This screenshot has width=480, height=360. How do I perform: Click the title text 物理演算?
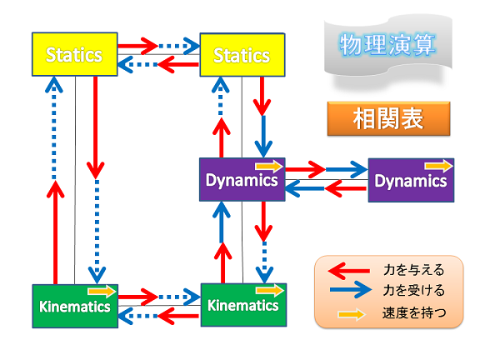[387, 45]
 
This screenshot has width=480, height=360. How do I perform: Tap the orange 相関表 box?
[389, 119]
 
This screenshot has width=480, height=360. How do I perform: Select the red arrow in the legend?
[348, 271]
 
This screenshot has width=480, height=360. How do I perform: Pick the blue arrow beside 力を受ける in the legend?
[351, 290]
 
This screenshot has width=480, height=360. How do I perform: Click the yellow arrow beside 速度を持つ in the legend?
[352, 314]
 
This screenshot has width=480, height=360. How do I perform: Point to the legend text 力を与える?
[413, 270]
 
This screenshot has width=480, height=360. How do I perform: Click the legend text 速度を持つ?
[414, 312]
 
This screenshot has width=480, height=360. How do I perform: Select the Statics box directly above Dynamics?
[242, 55]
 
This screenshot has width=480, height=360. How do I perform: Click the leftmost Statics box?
[75, 54]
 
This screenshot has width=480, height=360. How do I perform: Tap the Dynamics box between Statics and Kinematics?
[242, 179]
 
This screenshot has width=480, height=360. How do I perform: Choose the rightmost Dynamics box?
[411, 180]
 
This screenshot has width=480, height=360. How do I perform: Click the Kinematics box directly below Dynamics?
[243, 305]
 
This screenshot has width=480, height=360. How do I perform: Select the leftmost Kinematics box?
[75, 306]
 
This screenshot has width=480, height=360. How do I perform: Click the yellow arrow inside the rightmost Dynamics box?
[438, 166]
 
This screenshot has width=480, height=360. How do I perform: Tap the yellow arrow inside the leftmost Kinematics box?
[102, 291]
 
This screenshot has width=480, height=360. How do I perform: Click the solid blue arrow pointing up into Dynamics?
[222, 222]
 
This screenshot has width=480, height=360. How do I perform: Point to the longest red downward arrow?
[96, 127]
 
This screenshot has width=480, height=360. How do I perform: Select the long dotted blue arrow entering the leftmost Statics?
[54, 128]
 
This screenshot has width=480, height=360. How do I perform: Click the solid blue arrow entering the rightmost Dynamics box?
[347, 169]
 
